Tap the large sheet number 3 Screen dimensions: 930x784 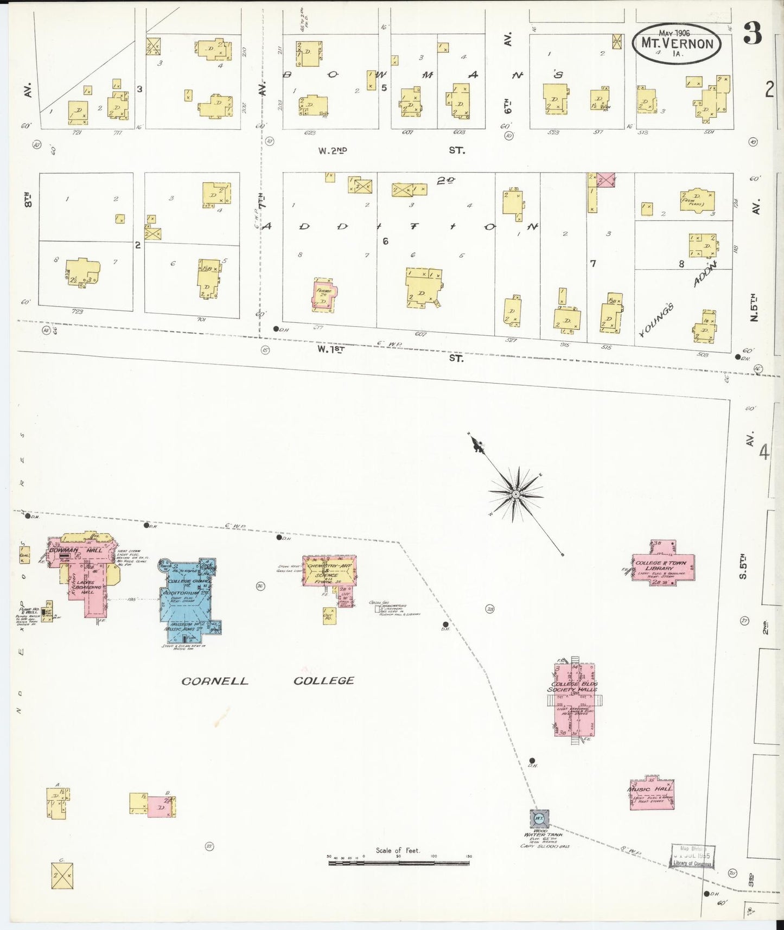tap(753, 35)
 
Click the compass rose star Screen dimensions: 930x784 tap(516, 494)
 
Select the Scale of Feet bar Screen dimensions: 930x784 tap(399, 862)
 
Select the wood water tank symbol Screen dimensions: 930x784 tap(539, 818)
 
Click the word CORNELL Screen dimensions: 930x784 tap(214, 681)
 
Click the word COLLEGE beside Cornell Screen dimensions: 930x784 tap(324, 681)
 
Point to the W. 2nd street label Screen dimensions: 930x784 tap(333, 151)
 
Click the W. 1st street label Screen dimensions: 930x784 tap(331, 349)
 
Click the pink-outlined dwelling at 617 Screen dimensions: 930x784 tap(324, 295)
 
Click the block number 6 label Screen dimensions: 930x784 tap(385, 241)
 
